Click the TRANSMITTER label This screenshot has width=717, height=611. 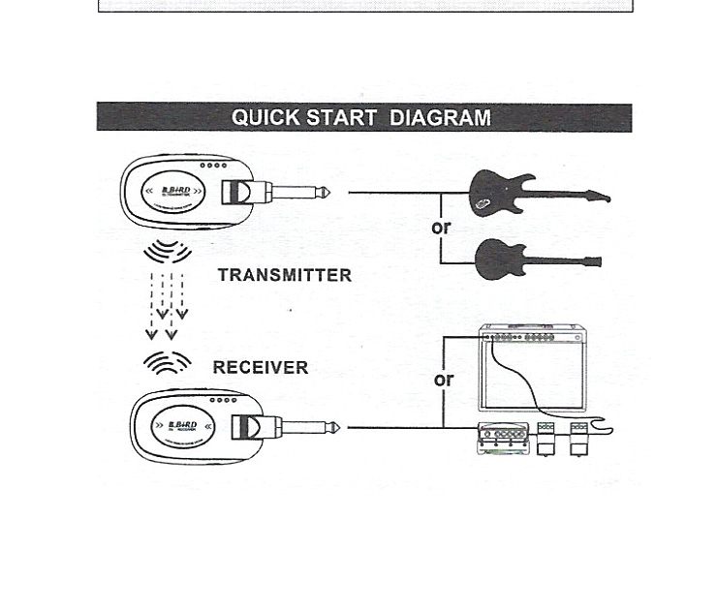click(284, 275)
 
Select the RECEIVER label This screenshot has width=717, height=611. click(260, 368)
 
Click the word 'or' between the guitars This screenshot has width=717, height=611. click(441, 228)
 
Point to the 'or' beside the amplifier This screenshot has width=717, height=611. click(444, 380)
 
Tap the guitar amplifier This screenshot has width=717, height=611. click(532, 368)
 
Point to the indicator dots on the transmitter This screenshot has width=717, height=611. click(214, 166)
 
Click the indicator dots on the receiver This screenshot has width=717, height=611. click(223, 400)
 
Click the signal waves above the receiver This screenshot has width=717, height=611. click(167, 363)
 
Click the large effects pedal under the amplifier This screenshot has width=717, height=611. click(503, 439)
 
